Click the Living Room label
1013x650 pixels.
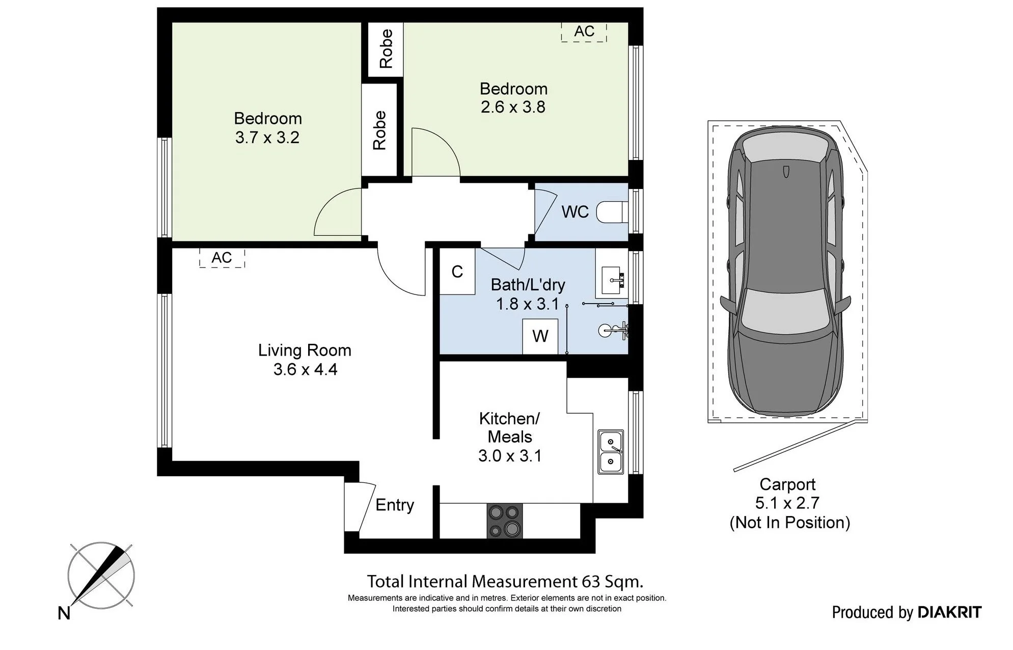click(x=305, y=350)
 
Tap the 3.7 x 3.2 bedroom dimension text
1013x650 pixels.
click(x=267, y=138)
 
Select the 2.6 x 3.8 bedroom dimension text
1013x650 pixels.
click(x=513, y=107)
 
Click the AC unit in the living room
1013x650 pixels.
click(x=222, y=258)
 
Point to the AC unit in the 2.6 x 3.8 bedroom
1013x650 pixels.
click(x=584, y=32)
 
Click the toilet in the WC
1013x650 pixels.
click(x=612, y=212)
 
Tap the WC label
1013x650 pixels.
click(x=575, y=212)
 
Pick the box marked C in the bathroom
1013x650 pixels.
click(x=457, y=271)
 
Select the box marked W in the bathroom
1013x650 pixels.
click(x=540, y=336)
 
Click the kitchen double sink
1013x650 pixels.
click(x=611, y=452)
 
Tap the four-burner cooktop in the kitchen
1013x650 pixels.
click(x=505, y=521)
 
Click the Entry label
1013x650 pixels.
click(x=395, y=505)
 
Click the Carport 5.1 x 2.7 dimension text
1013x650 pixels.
click(x=787, y=503)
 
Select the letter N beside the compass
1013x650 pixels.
click(x=64, y=613)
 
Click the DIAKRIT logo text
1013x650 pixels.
click(x=950, y=612)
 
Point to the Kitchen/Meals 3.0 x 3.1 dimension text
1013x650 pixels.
click(x=510, y=455)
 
